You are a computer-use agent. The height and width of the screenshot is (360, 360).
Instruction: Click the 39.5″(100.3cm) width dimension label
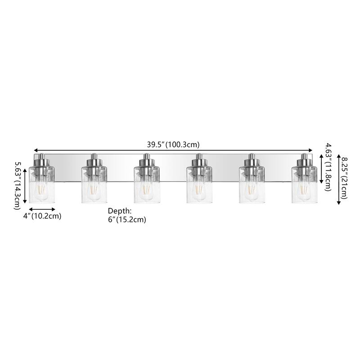tap(173, 145)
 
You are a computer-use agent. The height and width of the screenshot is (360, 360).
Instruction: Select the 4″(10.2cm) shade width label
tap(42, 216)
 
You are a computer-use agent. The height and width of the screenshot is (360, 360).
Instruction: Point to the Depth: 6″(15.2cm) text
tap(127, 215)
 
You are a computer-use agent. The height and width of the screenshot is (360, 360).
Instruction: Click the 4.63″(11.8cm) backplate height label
tap(328, 167)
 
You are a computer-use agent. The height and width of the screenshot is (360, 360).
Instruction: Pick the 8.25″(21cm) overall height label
tap(344, 178)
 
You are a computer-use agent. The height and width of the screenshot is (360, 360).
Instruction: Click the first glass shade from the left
tap(42, 185)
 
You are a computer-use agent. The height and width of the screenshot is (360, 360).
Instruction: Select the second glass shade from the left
tap(94, 185)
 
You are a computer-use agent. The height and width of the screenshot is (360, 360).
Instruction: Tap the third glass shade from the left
tap(147, 185)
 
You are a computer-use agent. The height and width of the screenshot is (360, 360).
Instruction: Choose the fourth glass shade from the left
tap(199, 185)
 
